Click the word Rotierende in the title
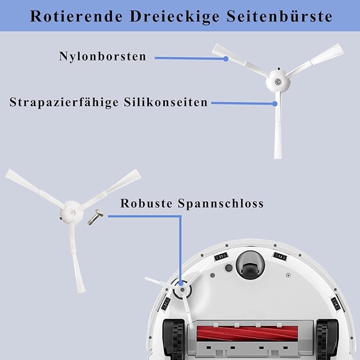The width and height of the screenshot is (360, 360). pyautogui.click(x=76, y=16)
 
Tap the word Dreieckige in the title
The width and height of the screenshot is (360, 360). pyautogui.click(x=174, y=17)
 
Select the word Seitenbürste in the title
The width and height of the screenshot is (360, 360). pyautogui.click(x=279, y=16)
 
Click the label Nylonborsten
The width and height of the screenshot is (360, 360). pyautogui.click(x=103, y=56)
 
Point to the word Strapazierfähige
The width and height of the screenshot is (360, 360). pyautogui.click(x=64, y=102)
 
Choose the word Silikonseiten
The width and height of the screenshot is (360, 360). pyautogui.click(x=166, y=102)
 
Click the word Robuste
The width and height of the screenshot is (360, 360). pyautogui.click(x=146, y=203)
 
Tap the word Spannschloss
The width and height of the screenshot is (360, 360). pyautogui.click(x=221, y=204)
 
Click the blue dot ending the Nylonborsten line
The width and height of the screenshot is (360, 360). pyautogui.click(x=226, y=59)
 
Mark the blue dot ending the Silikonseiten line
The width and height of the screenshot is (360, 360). pyautogui.click(x=275, y=104)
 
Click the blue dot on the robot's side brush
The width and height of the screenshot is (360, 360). pyautogui.click(x=181, y=283)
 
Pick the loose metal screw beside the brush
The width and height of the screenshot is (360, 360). pyautogui.click(x=95, y=217)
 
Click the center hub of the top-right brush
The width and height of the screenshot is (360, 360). pyautogui.click(x=278, y=81)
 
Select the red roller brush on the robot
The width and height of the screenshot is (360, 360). pyautogui.click(x=248, y=333)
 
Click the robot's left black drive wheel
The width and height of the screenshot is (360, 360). pyautogui.click(x=173, y=339)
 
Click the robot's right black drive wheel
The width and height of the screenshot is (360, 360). pyautogui.click(x=327, y=339)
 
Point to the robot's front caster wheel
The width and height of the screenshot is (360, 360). pyautogui.click(x=250, y=266)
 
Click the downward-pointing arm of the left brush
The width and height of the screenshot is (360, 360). pyautogui.click(x=76, y=258)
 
